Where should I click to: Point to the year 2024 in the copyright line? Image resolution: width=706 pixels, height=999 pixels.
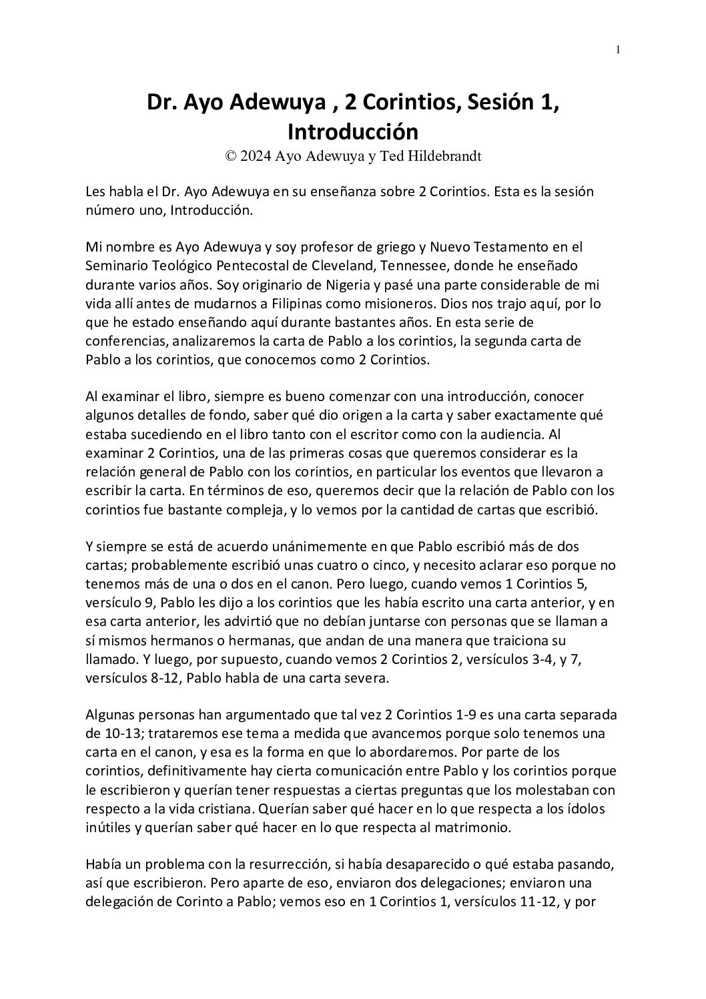point(254,156)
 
